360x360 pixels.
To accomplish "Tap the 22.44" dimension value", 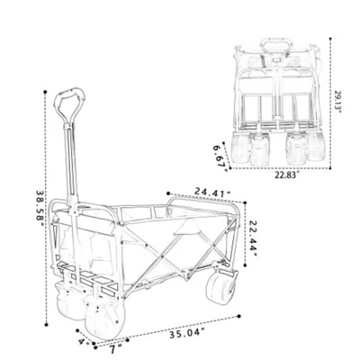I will [255, 238].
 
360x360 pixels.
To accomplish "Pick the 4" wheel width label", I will [83, 341].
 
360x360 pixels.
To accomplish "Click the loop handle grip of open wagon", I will [67, 105].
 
